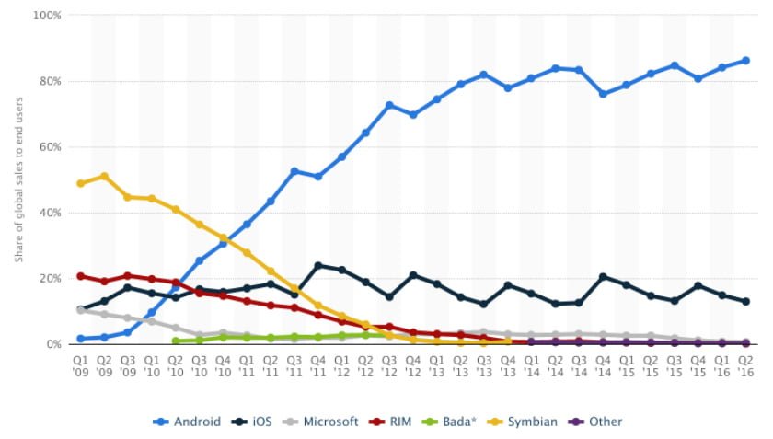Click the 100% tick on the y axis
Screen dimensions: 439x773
[x=48, y=16]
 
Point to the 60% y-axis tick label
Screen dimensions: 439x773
[x=51, y=146]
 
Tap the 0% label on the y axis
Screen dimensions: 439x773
[x=53, y=343]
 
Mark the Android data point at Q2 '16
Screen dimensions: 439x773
[x=745, y=61]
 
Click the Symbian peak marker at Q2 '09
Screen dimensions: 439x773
[x=105, y=176]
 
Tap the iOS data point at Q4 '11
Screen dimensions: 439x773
[x=318, y=266]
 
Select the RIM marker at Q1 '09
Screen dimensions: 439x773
[x=81, y=276]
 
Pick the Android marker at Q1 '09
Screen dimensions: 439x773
[x=81, y=339]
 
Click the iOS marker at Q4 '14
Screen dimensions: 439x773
[x=603, y=277]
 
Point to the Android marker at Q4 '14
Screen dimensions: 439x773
[x=603, y=94]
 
